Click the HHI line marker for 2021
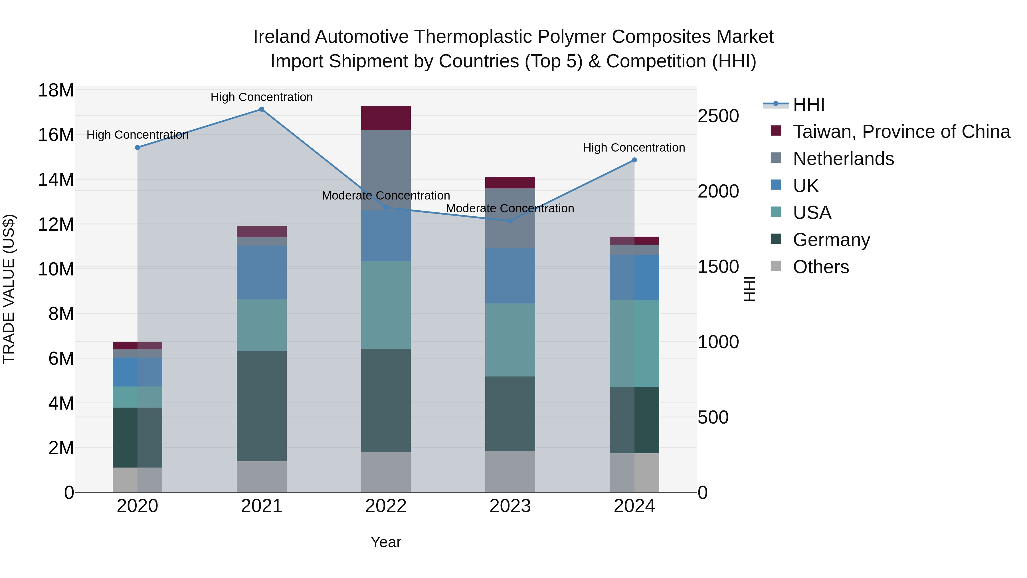[x=262, y=109]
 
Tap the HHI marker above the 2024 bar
[x=634, y=160]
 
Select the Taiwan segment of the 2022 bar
[x=385, y=118]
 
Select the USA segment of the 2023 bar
[x=510, y=340]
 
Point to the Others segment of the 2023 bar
[x=510, y=472]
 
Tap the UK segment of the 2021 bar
[x=262, y=273]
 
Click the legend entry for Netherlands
[x=843, y=159]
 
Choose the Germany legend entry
[x=831, y=240]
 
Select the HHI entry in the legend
[x=808, y=104]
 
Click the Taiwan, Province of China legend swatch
[x=776, y=131]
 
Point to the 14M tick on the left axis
[x=56, y=180]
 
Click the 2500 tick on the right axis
[x=718, y=116]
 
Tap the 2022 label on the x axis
[x=385, y=506]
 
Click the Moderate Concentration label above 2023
[x=510, y=208]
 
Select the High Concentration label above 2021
[x=262, y=97]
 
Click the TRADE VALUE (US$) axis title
[x=9, y=289]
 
